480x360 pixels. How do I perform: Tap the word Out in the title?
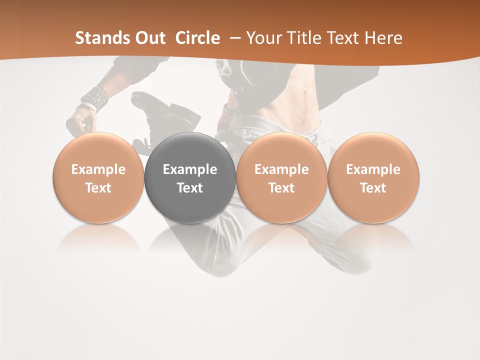pos(150,38)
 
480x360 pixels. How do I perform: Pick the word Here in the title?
pos(383,38)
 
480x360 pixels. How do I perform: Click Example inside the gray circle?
pos(190,169)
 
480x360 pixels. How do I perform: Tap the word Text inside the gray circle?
pos(190,188)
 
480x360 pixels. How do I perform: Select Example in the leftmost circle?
pos(98,169)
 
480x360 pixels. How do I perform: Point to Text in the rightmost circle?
pos(373,188)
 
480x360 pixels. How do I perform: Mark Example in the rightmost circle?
pos(373,169)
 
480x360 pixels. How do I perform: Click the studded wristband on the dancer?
pos(95,97)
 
